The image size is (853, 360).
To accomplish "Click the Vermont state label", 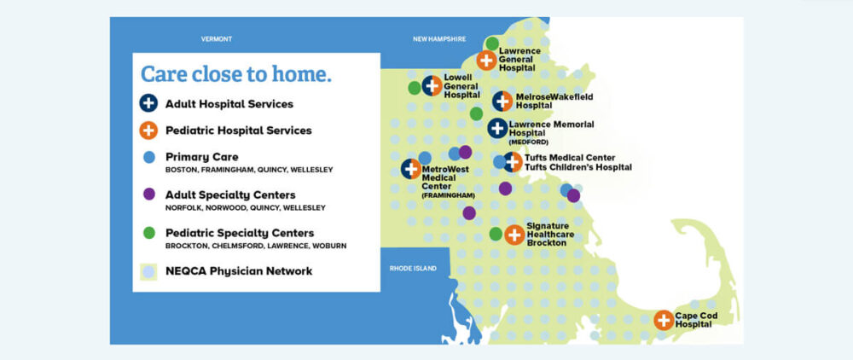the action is tap(217, 39).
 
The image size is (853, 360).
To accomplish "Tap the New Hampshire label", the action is tap(439, 39).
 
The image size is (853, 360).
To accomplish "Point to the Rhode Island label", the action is tap(413, 269).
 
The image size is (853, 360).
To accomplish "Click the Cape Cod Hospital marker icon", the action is tap(664, 320).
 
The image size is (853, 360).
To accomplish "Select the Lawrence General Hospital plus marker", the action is tap(486, 60).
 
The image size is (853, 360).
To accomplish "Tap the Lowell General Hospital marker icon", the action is tap(432, 85).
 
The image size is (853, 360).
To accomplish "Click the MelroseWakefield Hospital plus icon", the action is tap(502, 102).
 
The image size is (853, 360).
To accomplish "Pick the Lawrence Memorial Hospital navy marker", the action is tap(497, 128).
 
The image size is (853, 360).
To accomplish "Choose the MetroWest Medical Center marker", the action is tap(411, 169).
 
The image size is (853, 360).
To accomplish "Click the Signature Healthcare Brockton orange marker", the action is tap(514, 235).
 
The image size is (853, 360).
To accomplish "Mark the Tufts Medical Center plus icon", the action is tap(513, 161).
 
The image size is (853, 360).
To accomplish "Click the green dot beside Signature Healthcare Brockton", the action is tap(496, 234).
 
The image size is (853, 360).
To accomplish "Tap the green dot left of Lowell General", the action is tap(415, 88).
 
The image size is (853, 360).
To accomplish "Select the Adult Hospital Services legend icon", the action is tap(148, 103).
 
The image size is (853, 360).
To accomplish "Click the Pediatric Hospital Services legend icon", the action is tap(148, 131).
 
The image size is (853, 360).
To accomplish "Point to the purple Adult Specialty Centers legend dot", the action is tap(149, 195).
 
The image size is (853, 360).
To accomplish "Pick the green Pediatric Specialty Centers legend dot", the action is tap(149, 233).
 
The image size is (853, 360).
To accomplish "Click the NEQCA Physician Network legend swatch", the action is tap(148, 271).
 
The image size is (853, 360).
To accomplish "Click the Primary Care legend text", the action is tap(202, 157).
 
